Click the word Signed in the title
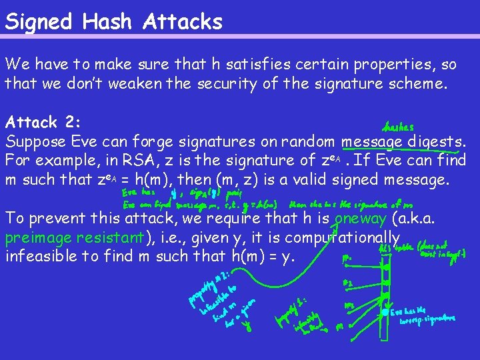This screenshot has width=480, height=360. point(38,22)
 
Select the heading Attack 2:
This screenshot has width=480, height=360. point(41,123)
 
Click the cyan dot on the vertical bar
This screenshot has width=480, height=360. point(385,312)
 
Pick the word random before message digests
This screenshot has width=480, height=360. point(306,141)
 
